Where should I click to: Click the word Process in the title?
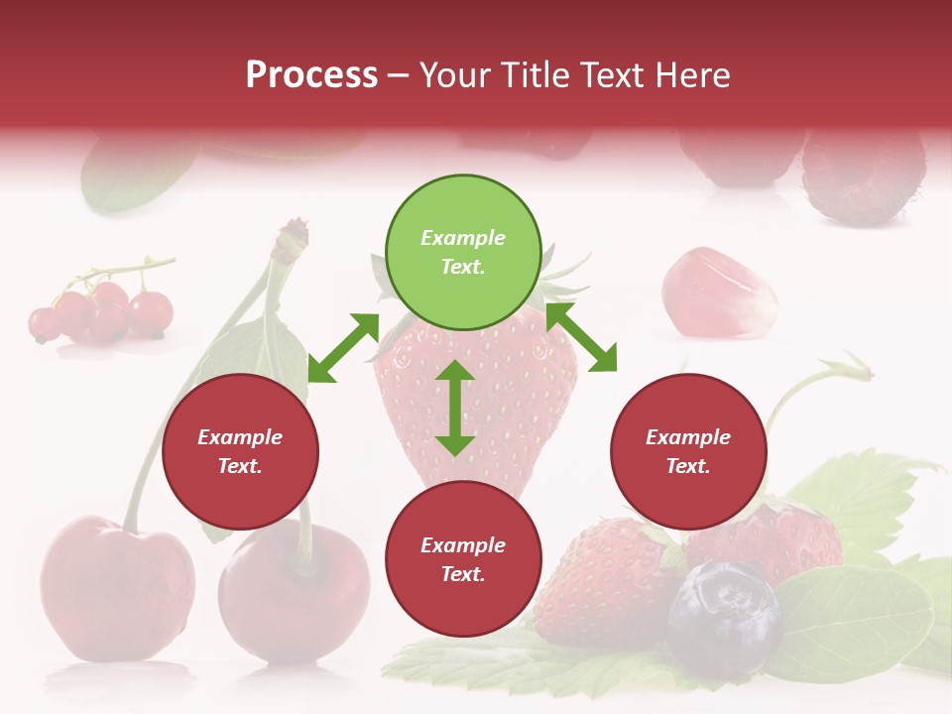(311, 75)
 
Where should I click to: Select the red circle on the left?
(240, 451)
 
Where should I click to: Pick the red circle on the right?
(688, 451)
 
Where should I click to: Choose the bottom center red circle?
(463, 559)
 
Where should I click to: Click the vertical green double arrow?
(455, 408)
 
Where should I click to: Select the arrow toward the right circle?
(581, 337)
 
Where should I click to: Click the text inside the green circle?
(463, 252)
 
